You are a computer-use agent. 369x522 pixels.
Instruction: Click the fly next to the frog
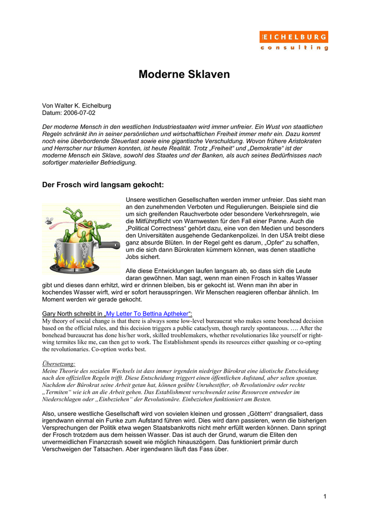[49, 221]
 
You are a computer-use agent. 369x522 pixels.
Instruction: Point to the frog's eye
[87, 212]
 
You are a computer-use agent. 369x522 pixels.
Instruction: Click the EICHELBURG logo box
[294, 37]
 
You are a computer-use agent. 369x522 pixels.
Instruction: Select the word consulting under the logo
[294, 48]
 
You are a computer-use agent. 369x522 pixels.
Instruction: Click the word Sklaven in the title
[206, 74]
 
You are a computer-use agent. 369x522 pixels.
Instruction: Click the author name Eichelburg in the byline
[94, 106]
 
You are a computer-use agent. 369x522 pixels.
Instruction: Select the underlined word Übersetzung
[59, 363]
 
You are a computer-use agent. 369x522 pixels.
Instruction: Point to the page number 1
[325, 496]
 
